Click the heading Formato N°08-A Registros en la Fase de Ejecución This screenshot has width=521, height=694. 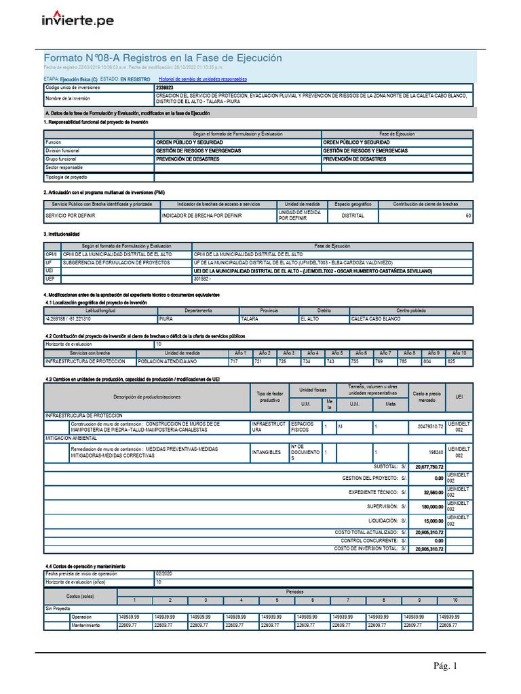163,58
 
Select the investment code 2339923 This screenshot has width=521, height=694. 164,87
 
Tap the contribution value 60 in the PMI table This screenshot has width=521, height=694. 467,216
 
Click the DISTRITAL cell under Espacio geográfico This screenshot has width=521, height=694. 353,216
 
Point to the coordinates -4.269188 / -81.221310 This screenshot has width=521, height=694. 69,319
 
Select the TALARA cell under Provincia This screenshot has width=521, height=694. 251,319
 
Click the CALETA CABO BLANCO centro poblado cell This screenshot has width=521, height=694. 375,319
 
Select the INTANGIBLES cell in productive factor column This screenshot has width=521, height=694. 266,452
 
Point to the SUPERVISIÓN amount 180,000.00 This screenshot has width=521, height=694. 430,506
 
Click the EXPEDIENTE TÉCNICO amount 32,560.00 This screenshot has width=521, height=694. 431,492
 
